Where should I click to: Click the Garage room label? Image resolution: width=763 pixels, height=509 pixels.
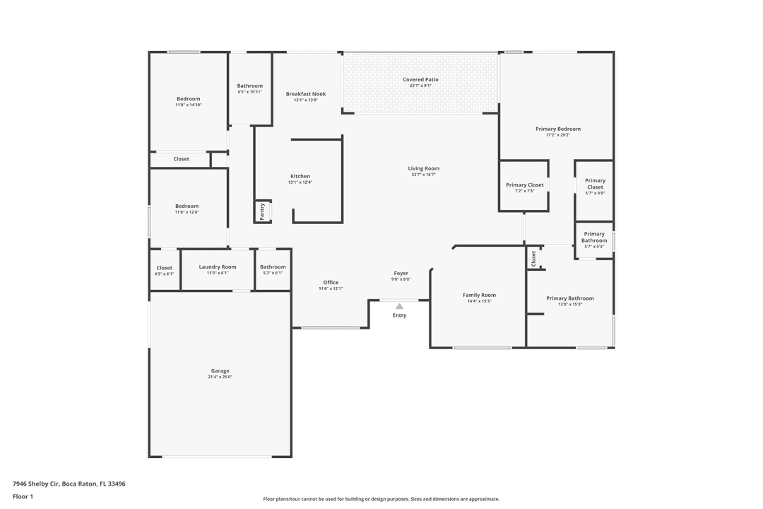pos(220,370)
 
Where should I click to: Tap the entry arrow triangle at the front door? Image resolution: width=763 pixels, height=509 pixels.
pos(399,306)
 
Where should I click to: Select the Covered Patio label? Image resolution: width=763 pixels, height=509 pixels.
pos(420,79)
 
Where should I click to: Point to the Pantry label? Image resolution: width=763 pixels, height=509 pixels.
pos(262,211)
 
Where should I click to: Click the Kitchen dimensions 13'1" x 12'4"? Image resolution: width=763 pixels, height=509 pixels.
pos(300,182)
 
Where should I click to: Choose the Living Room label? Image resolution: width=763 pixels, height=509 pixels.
pos(423,168)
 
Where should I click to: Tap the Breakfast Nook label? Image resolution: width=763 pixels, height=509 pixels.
pos(306,93)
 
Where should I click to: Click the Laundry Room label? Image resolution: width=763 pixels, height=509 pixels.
pos(218,267)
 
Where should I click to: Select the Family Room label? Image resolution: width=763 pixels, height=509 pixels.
pos(479,295)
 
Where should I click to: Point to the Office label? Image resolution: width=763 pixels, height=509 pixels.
pos(331,282)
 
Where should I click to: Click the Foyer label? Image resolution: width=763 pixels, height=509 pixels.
pos(401,273)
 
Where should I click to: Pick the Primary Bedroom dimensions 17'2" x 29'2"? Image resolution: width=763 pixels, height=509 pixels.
pos(558,135)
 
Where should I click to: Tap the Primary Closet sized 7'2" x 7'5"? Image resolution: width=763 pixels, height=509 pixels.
pos(525,185)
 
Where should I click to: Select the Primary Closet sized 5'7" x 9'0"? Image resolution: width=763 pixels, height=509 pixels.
pos(595,184)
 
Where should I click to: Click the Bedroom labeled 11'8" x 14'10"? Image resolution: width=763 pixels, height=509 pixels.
pos(188,99)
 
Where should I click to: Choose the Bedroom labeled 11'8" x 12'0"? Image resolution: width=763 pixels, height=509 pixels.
pos(187,206)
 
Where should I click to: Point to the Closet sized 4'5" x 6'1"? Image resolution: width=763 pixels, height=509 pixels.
pos(164,268)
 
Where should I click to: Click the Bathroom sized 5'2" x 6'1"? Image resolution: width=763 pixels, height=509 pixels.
pos(273,267)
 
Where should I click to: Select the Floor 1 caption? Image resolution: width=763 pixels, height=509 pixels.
pos(23,496)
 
